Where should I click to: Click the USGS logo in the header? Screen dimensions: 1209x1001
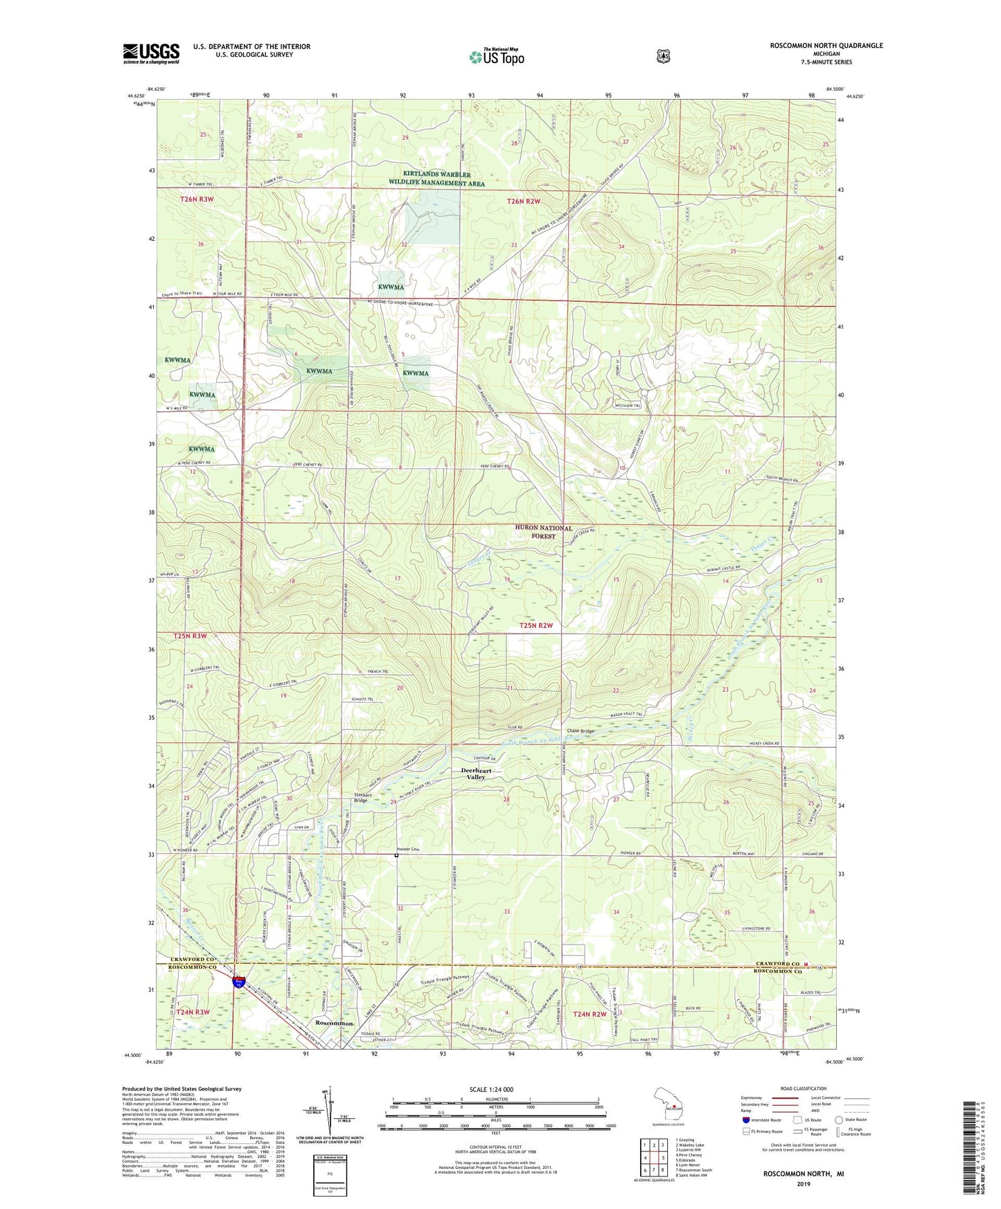151,53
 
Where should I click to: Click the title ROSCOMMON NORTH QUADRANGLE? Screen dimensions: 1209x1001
826,46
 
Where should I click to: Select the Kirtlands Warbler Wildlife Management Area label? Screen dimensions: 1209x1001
436,179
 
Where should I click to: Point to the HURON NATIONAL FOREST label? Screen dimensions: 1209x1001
543,531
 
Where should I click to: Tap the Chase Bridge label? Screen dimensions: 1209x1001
581,731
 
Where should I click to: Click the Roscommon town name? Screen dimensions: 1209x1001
334,1023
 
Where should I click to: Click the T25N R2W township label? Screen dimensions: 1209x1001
536,625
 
